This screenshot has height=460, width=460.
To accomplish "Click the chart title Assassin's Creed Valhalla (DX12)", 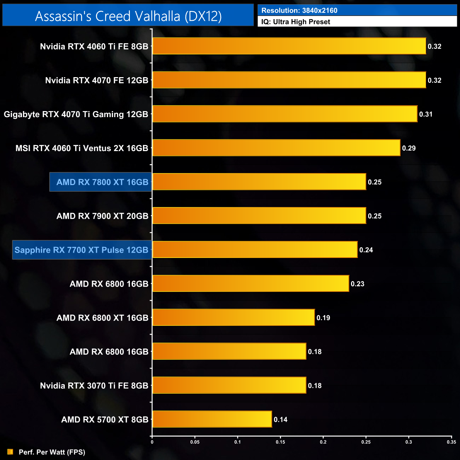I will coord(128,16).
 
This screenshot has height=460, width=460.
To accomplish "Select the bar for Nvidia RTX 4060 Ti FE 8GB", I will coord(289,46).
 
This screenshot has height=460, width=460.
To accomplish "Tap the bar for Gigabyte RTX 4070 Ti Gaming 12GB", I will coord(284,114).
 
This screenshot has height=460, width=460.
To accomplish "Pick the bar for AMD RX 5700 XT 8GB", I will coord(212,419).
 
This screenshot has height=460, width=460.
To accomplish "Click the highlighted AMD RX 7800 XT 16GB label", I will coord(102,182).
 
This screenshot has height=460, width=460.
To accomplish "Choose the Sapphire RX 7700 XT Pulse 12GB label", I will coord(81,250).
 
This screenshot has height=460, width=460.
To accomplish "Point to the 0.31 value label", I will coord(426,114).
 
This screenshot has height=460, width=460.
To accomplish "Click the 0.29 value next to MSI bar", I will coord(409,148).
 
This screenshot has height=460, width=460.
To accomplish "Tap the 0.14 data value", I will coord(281,420).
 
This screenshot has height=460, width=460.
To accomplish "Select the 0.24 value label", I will coord(366,250).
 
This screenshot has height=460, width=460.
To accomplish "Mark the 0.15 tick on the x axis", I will coord(280,442).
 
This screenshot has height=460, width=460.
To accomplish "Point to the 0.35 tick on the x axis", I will coord(451,442).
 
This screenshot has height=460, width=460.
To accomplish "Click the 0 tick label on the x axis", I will coord(152,442).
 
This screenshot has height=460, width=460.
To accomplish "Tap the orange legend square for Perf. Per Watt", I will coord(10,452).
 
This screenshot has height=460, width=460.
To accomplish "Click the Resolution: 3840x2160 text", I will coord(299,11).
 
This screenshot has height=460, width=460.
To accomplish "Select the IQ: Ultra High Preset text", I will coord(295,22).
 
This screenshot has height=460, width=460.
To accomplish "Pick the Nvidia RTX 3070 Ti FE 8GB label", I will coord(94,386).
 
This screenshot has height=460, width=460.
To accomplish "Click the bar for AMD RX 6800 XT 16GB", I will coord(233,317).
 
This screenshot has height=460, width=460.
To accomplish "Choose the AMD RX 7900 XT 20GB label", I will coord(102,216).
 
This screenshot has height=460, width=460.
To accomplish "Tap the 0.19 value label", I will coord(323,318).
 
